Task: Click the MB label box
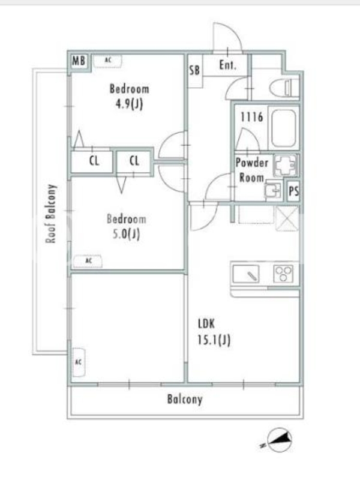point(79,61)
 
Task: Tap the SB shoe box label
point(194,70)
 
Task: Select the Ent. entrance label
point(228,65)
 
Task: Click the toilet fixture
point(284,88)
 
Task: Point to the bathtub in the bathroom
point(284,128)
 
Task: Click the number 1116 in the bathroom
point(251,116)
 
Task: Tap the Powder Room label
point(251,170)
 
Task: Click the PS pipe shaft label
point(293,191)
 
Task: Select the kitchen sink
point(246,274)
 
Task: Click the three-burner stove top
point(283,274)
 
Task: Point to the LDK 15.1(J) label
point(214,332)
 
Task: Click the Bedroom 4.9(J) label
point(129,97)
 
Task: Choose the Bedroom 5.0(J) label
point(127,227)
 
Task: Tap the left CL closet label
point(94,161)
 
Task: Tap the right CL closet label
point(134,160)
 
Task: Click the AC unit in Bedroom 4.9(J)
point(107,61)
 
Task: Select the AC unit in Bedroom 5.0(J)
point(88,261)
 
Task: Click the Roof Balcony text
point(51,214)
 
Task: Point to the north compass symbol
point(278,440)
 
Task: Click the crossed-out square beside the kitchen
point(287,218)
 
